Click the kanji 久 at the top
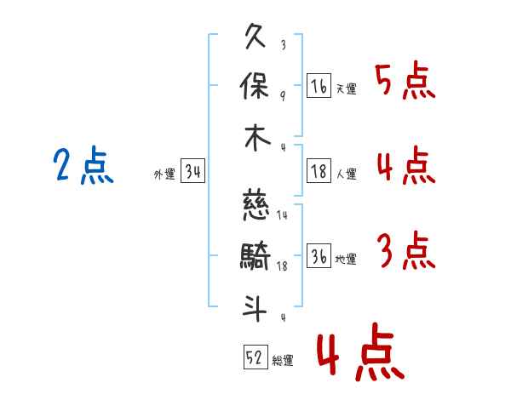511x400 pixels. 255,36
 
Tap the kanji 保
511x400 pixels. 255,86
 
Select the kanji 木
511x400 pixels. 257,138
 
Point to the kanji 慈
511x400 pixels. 255,207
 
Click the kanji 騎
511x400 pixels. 255,256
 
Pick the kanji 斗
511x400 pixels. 255,308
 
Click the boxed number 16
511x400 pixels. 319,86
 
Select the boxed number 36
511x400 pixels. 319,255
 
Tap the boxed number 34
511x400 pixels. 193,170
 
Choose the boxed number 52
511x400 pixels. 255,357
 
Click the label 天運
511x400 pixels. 347,89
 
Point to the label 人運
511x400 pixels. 347,174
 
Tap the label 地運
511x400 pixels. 346,259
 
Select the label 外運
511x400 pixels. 164,174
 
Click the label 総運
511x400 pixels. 283,360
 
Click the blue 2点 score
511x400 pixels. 83,165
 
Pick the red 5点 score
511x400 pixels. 405,80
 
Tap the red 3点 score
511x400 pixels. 406,250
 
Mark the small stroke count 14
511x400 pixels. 282,215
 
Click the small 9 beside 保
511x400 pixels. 283,96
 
